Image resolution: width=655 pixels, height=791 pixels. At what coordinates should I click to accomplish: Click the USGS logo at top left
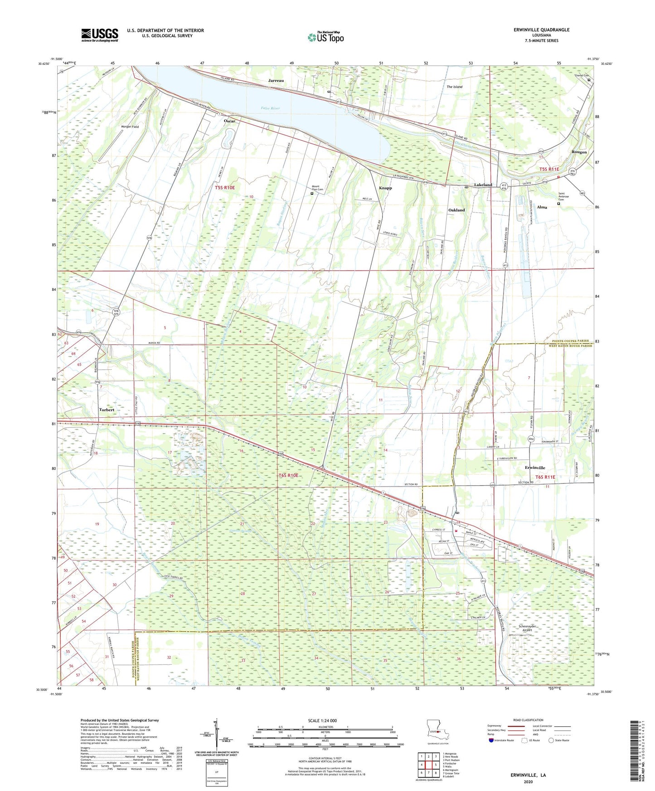100,34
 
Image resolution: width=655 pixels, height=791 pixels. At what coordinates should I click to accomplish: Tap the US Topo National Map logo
325,37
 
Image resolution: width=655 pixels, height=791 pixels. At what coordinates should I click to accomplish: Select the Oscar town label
229,121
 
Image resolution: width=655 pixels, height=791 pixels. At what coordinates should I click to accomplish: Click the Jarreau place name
276,81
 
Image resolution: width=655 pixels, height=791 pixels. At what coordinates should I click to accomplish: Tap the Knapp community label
385,188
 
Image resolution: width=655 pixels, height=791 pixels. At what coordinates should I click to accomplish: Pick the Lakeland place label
483,185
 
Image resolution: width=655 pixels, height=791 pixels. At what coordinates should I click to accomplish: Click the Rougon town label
579,152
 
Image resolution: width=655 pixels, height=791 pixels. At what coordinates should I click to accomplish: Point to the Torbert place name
107,410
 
